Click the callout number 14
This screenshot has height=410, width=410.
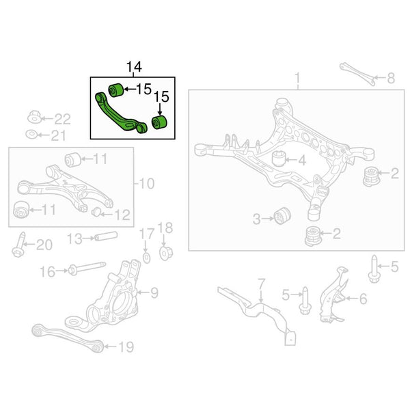pyautogui.click(x=134, y=67)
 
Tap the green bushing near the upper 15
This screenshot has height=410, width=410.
pyautogui.click(x=116, y=90)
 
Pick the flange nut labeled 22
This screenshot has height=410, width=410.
pyautogui.click(x=34, y=117)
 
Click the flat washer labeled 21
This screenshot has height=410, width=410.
pyautogui.click(x=31, y=135)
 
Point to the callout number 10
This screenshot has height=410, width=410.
pyautogui.click(x=147, y=184)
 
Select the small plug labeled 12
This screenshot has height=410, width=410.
pyautogui.click(x=96, y=212)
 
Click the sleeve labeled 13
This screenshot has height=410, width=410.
pyautogui.click(x=106, y=236)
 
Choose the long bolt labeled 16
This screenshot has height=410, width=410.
pyautogui.click(x=87, y=269)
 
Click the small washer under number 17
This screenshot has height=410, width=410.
pyautogui.click(x=147, y=258)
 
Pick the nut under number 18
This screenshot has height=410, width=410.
pyautogui.click(x=166, y=253)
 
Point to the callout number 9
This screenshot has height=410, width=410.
pyautogui.click(x=154, y=293)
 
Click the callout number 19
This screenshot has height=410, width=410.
pyautogui.click(x=126, y=346)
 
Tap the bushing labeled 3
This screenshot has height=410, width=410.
pyautogui.click(x=282, y=216)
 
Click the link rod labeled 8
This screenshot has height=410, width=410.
pyautogui.click(x=357, y=74)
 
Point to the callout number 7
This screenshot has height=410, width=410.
pyautogui.click(x=262, y=284)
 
